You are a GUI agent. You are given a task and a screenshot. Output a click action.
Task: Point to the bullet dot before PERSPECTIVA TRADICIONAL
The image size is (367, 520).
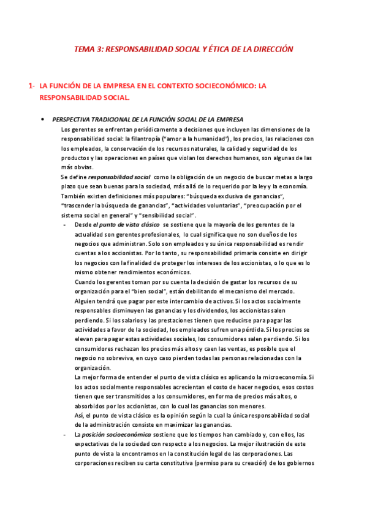[42, 119]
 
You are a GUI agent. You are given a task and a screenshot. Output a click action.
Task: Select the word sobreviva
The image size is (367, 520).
[108, 358]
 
